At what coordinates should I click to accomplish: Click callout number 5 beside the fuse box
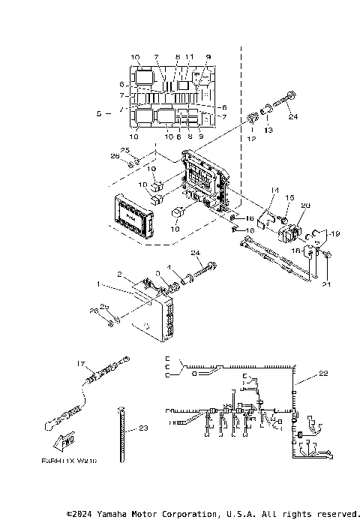click(x=98, y=114)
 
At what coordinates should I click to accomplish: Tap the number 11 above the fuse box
click(x=190, y=57)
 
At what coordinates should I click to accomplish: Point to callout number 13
click(x=269, y=130)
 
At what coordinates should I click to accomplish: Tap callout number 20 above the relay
click(x=304, y=205)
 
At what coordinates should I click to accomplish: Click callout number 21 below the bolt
click(x=325, y=286)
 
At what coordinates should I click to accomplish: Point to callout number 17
click(x=82, y=363)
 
